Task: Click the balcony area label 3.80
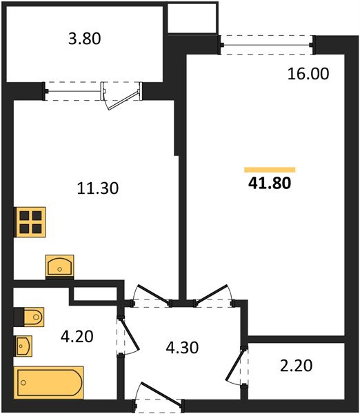coord(83,39)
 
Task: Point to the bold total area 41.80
coord(270,184)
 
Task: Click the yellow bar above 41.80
coord(270,169)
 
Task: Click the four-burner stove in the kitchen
coord(28,222)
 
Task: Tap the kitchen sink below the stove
coord(60,266)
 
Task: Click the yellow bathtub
coord(49,382)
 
